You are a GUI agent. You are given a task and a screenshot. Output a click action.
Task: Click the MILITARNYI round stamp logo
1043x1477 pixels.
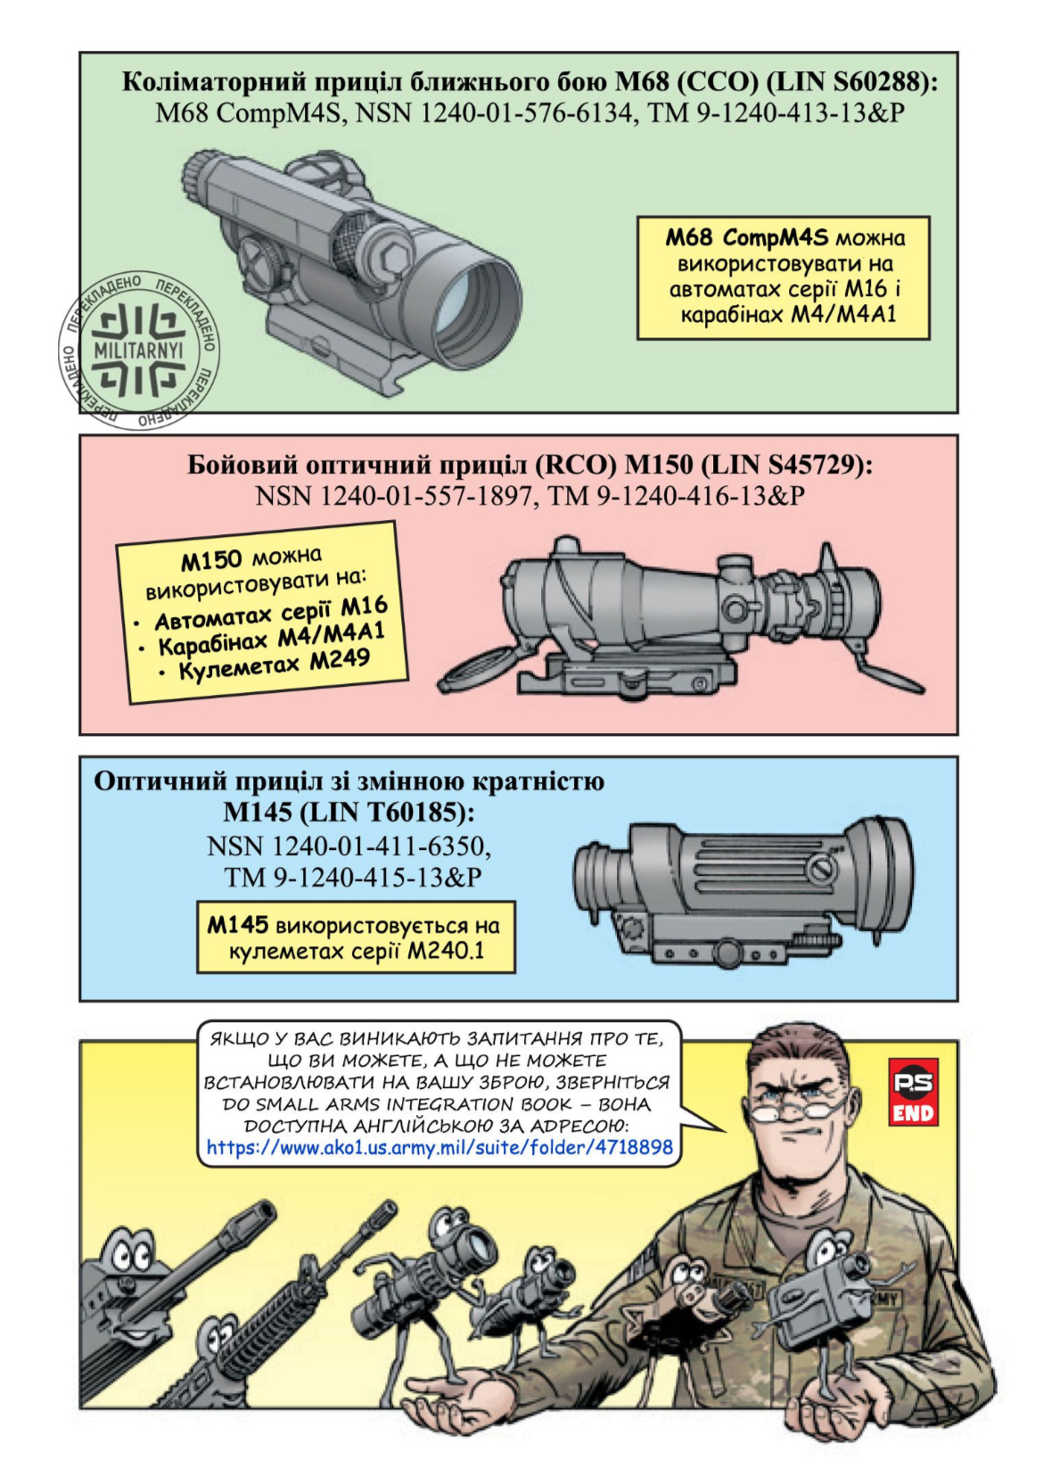[140, 351]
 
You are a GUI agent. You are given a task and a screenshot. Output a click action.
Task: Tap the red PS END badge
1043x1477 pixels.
[913, 1092]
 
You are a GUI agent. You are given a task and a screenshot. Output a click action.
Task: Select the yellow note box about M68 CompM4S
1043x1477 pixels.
[784, 276]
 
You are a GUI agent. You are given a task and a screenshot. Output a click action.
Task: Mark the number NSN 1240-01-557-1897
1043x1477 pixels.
[393, 496]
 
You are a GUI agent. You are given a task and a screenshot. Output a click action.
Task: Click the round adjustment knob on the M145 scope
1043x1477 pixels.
[822, 871]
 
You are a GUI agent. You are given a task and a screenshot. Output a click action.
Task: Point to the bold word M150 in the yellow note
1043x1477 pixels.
[211, 562]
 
